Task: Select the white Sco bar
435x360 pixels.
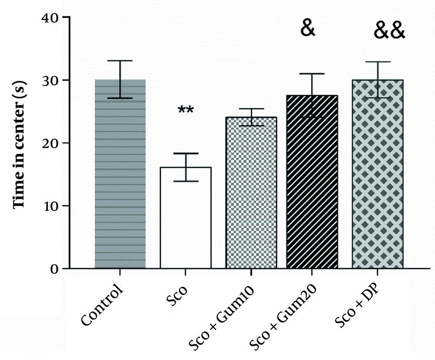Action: tap(186, 217)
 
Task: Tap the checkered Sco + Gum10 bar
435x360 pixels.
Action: tap(251, 196)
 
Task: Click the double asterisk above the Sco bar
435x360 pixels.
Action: tap(186, 110)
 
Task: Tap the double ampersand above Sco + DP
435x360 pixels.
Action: tap(390, 31)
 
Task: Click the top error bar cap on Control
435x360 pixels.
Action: tap(120, 61)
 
